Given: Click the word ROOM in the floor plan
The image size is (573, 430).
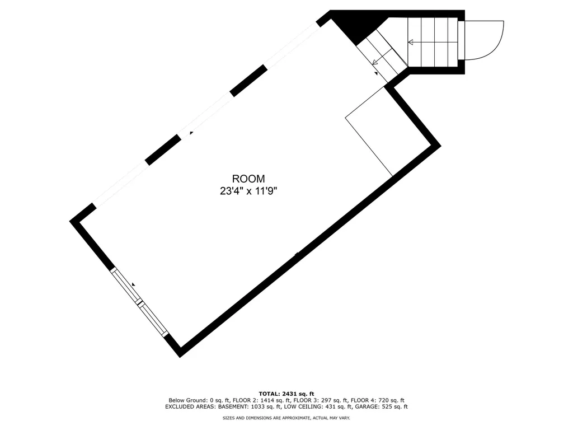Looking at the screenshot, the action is (x=248, y=179).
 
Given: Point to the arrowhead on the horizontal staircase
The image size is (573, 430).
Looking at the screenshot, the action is (x=410, y=43).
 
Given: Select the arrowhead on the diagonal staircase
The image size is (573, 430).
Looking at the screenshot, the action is (x=375, y=63).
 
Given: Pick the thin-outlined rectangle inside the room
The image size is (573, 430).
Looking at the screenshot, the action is (x=369, y=132).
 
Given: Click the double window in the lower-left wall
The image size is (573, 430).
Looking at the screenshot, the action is (x=139, y=302).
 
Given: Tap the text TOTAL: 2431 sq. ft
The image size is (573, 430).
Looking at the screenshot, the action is (x=286, y=394).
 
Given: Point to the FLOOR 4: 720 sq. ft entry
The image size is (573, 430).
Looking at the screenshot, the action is (x=378, y=400).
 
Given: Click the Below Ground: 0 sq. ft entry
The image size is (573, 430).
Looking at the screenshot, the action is (x=199, y=400).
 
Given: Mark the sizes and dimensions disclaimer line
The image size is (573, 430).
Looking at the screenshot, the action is (x=286, y=418).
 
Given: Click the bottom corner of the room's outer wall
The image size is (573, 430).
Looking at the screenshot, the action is (x=180, y=357).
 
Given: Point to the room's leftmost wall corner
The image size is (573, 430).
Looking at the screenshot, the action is (x=70, y=221).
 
